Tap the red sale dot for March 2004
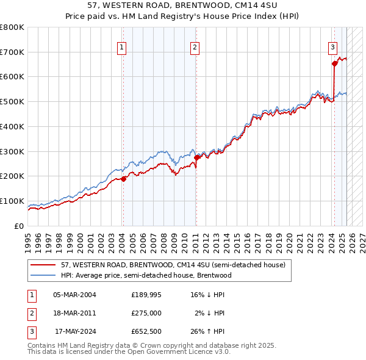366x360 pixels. (x=123, y=179)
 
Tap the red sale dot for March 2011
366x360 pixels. (x=196, y=157)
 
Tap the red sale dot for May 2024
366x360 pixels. (x=334, y=63)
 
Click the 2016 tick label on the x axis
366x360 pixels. (x=248, y=238)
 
